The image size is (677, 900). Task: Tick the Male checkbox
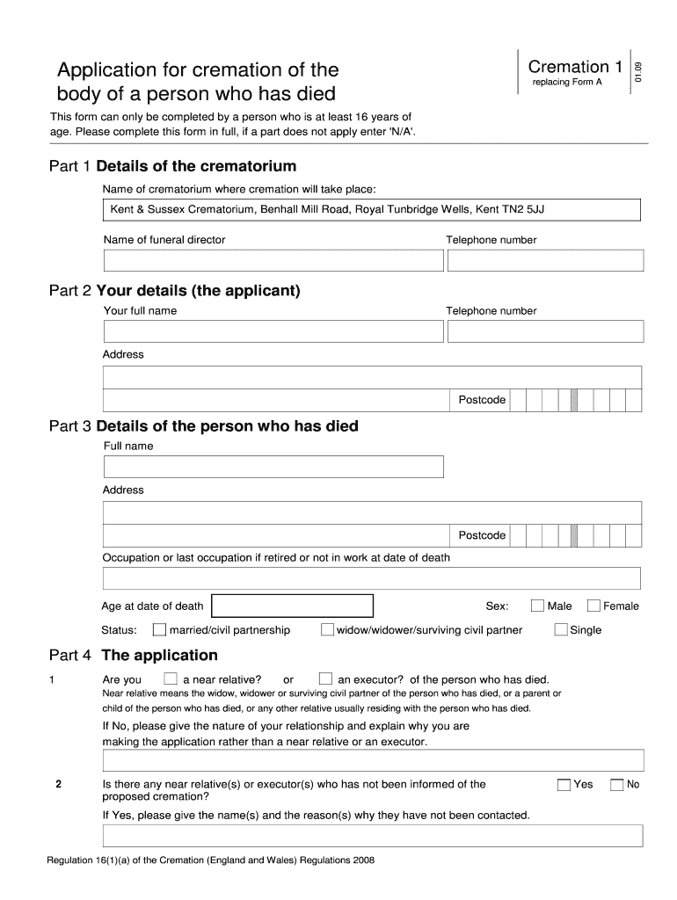[x=537, y=606]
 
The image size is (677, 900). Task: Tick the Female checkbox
[x=593, y=606]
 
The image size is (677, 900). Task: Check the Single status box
[x=561, y=629]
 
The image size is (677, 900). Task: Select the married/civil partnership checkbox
[x=159, y=629]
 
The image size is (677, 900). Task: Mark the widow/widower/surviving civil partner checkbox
[x=327, y=629]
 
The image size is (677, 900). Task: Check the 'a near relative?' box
[x=171, y=679]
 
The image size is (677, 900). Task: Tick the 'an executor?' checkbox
[x=325, y=679]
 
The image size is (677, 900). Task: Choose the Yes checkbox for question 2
[x=564, y=785]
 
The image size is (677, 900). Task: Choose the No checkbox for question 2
[x=616, y=785]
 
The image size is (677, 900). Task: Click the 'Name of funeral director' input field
[x=273, y=261]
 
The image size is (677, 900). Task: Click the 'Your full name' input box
[x=273, y=331]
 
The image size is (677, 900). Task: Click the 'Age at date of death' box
[x=293, y=606]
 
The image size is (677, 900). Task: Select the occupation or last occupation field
[x=373, y=578]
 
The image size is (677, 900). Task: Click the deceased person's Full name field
[x=273, y=467]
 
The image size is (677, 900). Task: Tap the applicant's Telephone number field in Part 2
[x=545, y=331]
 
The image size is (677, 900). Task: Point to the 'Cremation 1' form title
[x=575, y=67]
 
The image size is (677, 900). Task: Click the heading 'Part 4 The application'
[x=134, y=656]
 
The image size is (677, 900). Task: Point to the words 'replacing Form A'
[x=567, y=83]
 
